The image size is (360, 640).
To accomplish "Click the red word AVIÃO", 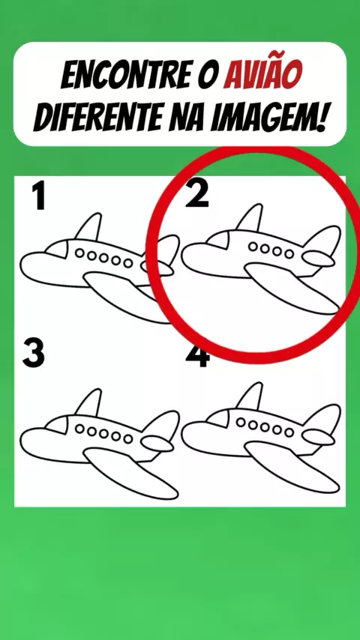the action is (262, 75).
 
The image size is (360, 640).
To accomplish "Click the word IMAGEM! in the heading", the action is (269, 117).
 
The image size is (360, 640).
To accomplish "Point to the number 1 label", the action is (39, 196).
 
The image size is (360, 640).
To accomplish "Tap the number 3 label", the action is (33, 353).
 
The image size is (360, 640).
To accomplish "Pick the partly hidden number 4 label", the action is (198, 356).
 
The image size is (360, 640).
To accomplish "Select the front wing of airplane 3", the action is (130, 473).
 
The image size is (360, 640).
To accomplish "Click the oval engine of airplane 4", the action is (318, 437).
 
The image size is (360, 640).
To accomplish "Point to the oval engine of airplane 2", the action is (318, 259).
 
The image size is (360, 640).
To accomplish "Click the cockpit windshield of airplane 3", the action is (58, 426).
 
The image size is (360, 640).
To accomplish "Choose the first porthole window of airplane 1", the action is (79, 253).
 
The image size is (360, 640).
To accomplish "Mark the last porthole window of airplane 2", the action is (289, 254).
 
